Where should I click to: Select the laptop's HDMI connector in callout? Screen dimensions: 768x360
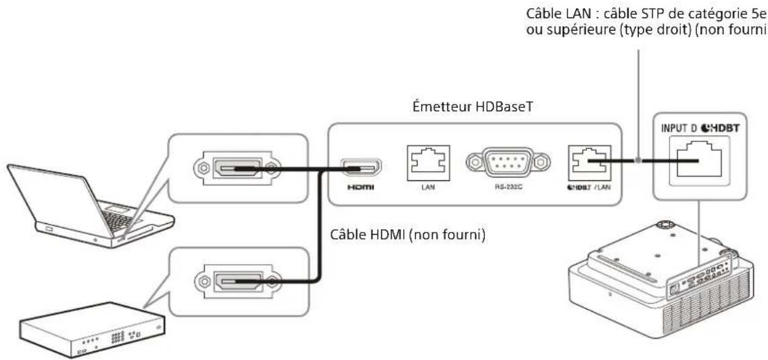click(237, 168)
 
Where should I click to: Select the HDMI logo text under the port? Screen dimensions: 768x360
click(361, 187)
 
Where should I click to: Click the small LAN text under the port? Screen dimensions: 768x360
click(429, 187)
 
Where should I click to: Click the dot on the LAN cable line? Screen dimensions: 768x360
click(638, 160)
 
